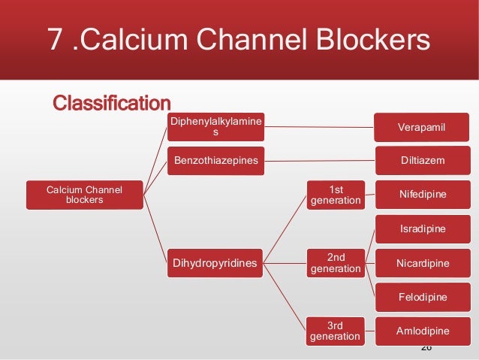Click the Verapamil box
tap(423, 127)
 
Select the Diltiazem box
tap(423, 161)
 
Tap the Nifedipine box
tap(423, 195)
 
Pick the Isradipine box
tap(423, 228)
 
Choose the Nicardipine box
tap(423, 263)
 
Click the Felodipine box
tap(423, 297)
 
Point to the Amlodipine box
tap(423, 331)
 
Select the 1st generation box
tap(336, 195)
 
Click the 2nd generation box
tap(336, 263)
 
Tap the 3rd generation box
tap(336, 331)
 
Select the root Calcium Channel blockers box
tap(84, 195)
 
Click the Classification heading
tap(111, 102)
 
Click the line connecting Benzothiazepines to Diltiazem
tap(319, 161)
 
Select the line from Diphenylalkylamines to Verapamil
tap(319, 127)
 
